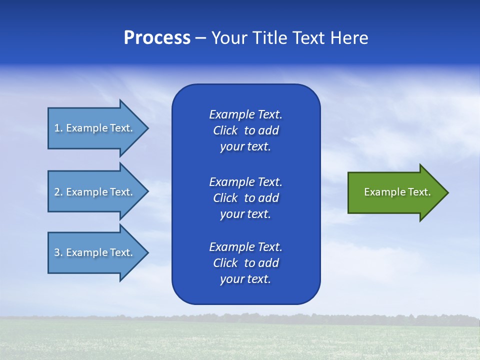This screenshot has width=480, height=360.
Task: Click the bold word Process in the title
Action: pos(157,38)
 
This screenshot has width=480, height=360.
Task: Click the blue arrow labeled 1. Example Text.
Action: pos(93,128)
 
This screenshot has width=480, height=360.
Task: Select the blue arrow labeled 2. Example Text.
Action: pos(93,192)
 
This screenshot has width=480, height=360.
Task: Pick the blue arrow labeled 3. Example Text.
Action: pos(93,252)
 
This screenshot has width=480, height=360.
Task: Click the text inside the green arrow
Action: pos(397,192)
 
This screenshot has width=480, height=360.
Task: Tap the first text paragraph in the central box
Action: pos(245,130)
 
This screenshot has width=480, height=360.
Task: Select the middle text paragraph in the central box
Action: pos(245,198)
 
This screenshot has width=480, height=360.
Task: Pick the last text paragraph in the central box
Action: pos(245,263)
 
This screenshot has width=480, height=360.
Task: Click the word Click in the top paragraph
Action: pos(225,130)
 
